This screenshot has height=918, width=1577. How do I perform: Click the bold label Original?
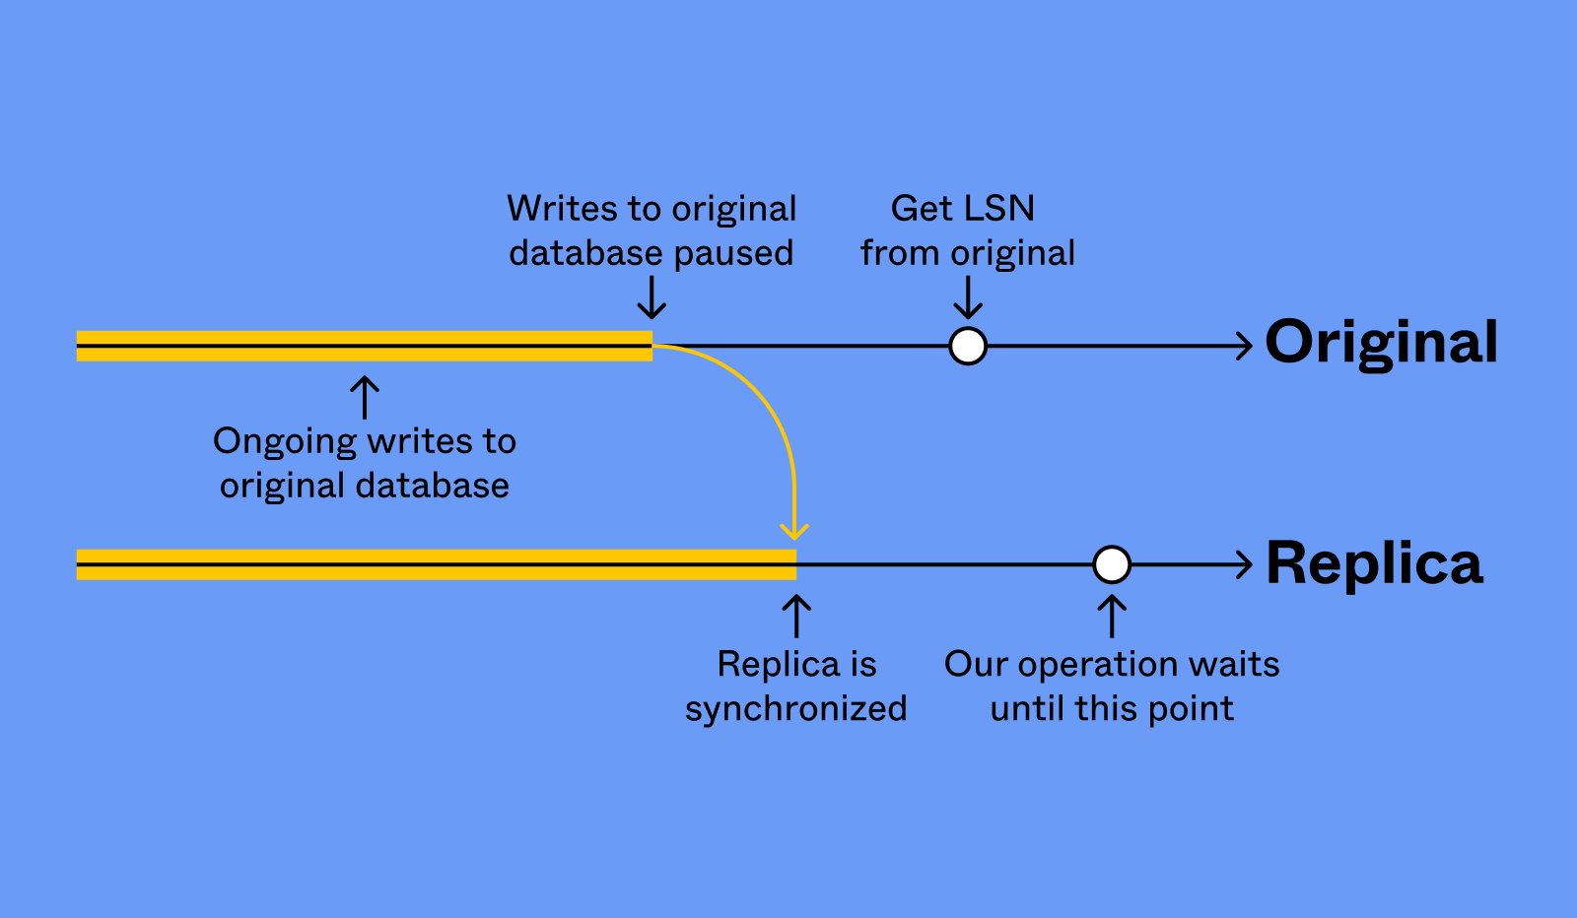pyautogui.click(x=1381, y=343)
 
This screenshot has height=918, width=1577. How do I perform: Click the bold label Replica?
pyautogui.click(x=1374, y=563)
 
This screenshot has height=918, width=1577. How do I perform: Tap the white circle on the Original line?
pyautogui.click(x=968, y=346)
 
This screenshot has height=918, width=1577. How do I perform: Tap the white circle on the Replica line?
pyautogui.click(x=1112, y=564)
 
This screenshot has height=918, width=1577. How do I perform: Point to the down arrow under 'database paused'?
pyautogui.click(x=651, y=298)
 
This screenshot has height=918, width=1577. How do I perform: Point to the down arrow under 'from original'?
pyautogui.click(x=968, y=298)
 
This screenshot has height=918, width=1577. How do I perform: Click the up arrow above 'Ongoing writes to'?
pyautogui.click(x=365, y=397)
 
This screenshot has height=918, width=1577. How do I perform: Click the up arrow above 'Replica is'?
pyautogui.click(x=796, y=617)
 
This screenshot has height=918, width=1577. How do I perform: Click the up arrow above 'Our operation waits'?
pyautogui.click(x=1112, y=617)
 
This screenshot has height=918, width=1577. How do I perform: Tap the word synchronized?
pyautogui.click(x=795, y=709)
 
